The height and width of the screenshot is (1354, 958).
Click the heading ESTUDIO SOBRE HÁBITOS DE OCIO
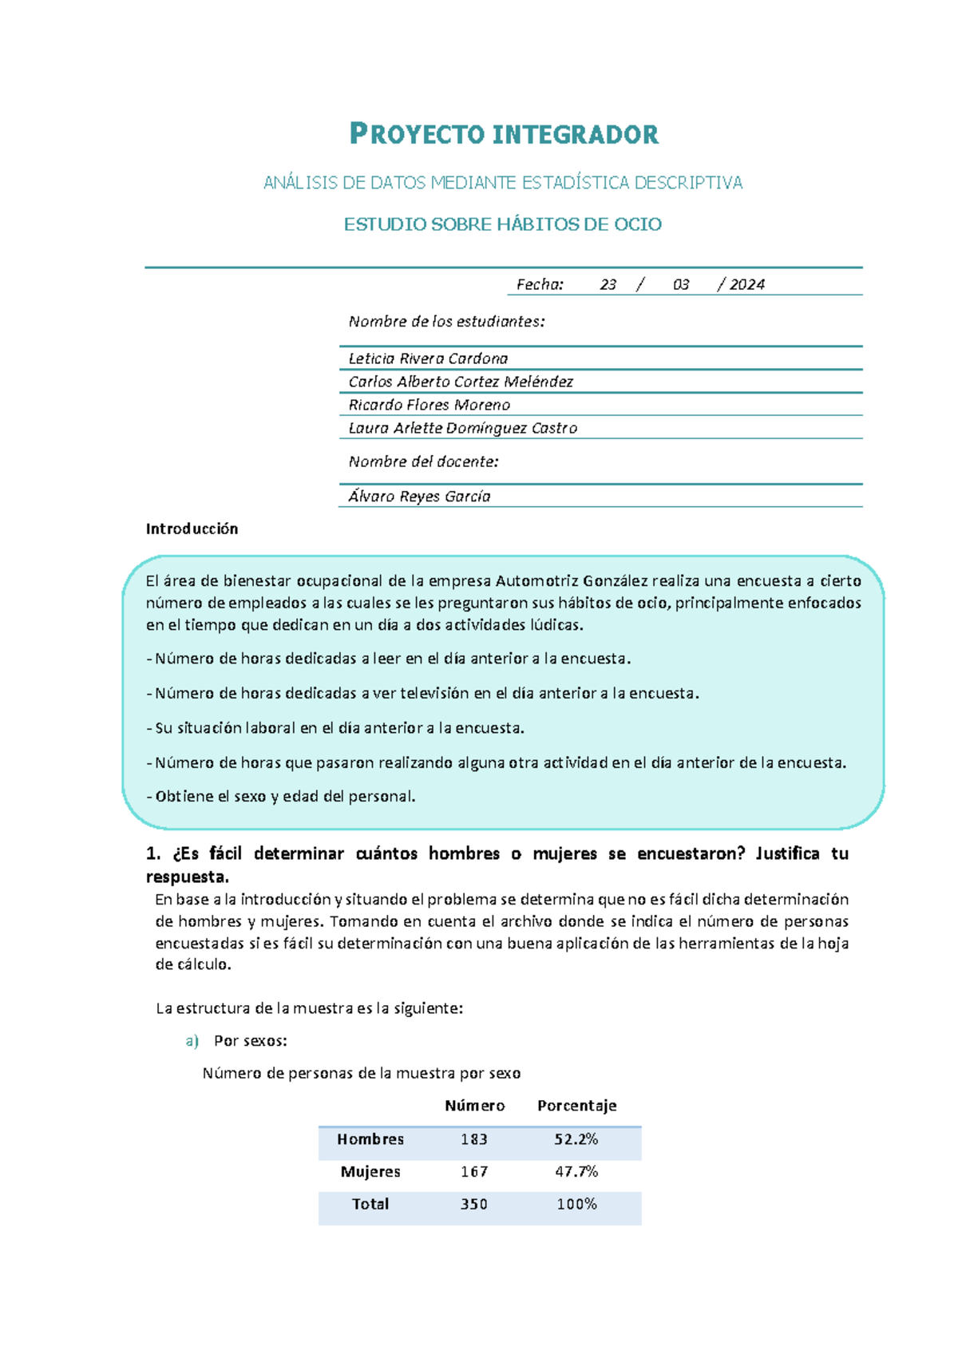(502, 224)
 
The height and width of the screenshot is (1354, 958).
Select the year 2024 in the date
(746, 284)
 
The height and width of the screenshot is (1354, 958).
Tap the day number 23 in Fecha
(608, 284)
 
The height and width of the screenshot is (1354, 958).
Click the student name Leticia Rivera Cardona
(428, 358)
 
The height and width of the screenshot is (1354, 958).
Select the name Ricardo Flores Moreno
(429, 405)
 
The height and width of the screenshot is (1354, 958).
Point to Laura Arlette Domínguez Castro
(462, 428)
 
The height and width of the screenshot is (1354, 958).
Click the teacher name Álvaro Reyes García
(419, 496)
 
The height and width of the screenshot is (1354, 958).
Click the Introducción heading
(192, 529)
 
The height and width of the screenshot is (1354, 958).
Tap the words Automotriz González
(572, 580)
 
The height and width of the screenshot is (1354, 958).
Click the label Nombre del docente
(423, 461)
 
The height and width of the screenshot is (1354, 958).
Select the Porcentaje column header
(576, 1106)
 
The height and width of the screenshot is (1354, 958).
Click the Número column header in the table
(474, 1106)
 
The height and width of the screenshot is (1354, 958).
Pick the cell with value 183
(473, 1139)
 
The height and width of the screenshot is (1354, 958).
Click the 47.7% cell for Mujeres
(576, 1171)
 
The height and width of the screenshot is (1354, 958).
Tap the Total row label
(370, 1204)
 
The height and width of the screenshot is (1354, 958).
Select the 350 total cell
(473, 1204)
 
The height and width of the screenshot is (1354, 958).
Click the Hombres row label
(370, 1139)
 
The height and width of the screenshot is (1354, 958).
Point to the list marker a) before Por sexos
(192, 1041)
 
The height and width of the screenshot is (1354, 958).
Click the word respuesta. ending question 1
(187, 877)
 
